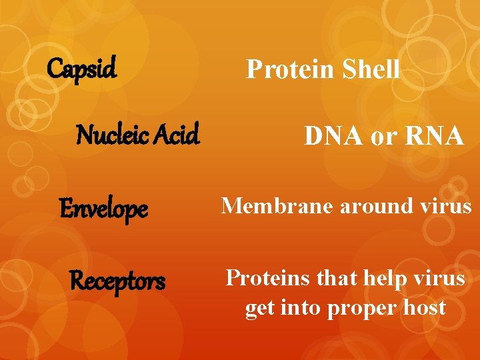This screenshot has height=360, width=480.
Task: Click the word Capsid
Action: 82,68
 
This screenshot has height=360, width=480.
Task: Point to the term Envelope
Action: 104,210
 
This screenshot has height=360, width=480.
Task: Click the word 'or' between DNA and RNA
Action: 383,138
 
